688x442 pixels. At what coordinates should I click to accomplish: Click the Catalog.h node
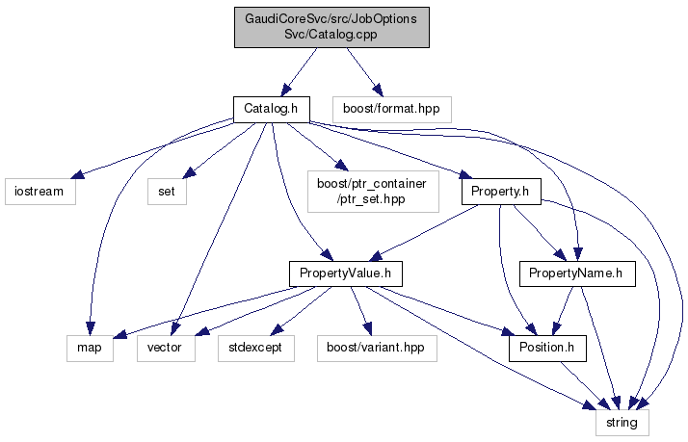point(269,108)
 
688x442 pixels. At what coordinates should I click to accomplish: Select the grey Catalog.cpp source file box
point(331,29)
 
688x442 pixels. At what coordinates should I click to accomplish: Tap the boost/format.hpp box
point(390,108)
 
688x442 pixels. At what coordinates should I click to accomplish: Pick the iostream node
point(40,191)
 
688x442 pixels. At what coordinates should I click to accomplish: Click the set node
point(167,191)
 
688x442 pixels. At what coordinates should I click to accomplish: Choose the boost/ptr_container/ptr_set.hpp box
point(371,191)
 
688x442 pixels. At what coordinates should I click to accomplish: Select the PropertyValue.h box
point(345,273)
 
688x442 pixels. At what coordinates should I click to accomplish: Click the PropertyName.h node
point(577,273)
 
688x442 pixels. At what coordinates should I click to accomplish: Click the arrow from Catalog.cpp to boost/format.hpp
point(363,70)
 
